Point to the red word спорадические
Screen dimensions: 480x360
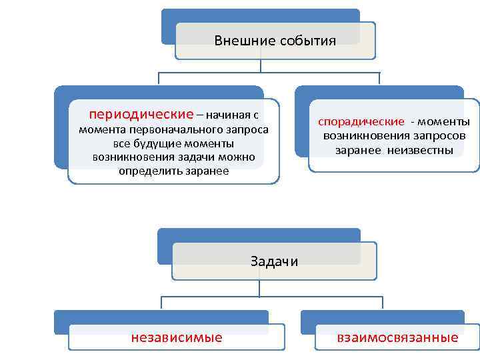coord(361,121)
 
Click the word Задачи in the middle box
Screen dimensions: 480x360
coord(274,261)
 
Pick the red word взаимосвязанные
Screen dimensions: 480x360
coord(398,337)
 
